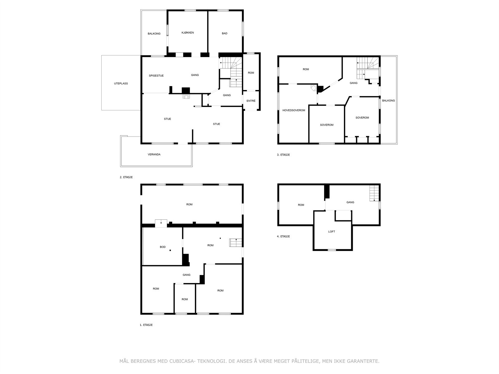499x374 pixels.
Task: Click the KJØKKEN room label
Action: point(187,33)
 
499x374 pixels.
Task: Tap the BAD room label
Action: point(224,33)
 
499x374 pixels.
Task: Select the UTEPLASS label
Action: point(121,84)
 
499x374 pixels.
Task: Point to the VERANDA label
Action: point(154,154)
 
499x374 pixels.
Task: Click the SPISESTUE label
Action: point(156,76)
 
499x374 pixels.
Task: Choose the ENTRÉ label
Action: point(251,101)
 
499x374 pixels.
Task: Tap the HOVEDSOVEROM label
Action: point(294,110)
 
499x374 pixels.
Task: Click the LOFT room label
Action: point(332,232)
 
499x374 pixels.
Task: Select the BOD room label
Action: point(162,247)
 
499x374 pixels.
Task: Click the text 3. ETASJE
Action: point(283,155)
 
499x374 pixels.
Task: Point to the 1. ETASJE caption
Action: point(146,325)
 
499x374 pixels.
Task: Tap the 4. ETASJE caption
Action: point(283,236)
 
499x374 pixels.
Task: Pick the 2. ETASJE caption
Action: point(126,177)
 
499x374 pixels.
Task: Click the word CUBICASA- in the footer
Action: point(182,361)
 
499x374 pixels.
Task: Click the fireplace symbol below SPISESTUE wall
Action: point(186,97)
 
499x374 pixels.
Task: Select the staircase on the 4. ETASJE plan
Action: point(374,193)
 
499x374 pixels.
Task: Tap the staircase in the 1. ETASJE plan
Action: point(235,242)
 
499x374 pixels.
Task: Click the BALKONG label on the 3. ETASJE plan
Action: point(388,101)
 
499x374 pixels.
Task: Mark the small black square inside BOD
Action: point(170,251)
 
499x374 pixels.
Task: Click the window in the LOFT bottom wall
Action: point(332,250)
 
